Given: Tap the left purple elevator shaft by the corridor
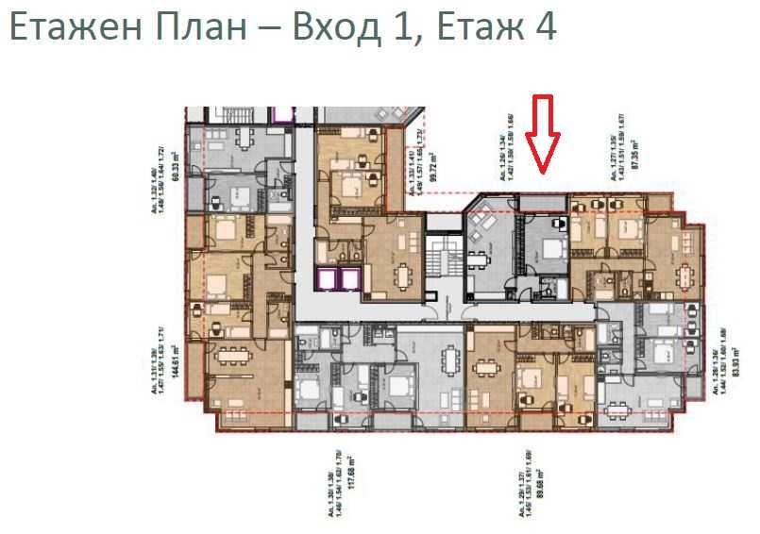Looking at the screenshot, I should coord(330,279).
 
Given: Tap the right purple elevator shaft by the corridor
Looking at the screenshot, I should coord(350,279).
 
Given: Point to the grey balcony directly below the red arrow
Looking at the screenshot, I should coord(542,203).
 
